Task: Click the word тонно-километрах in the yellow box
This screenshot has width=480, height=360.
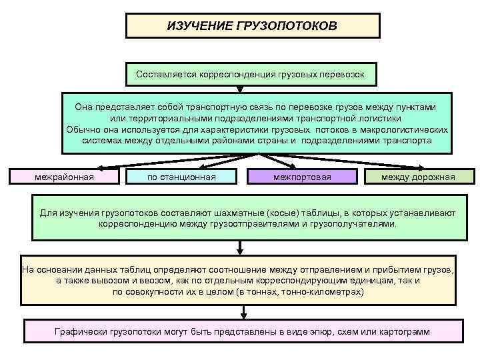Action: [x=327, y=292]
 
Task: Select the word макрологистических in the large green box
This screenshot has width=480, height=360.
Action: [x=405, y=129]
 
